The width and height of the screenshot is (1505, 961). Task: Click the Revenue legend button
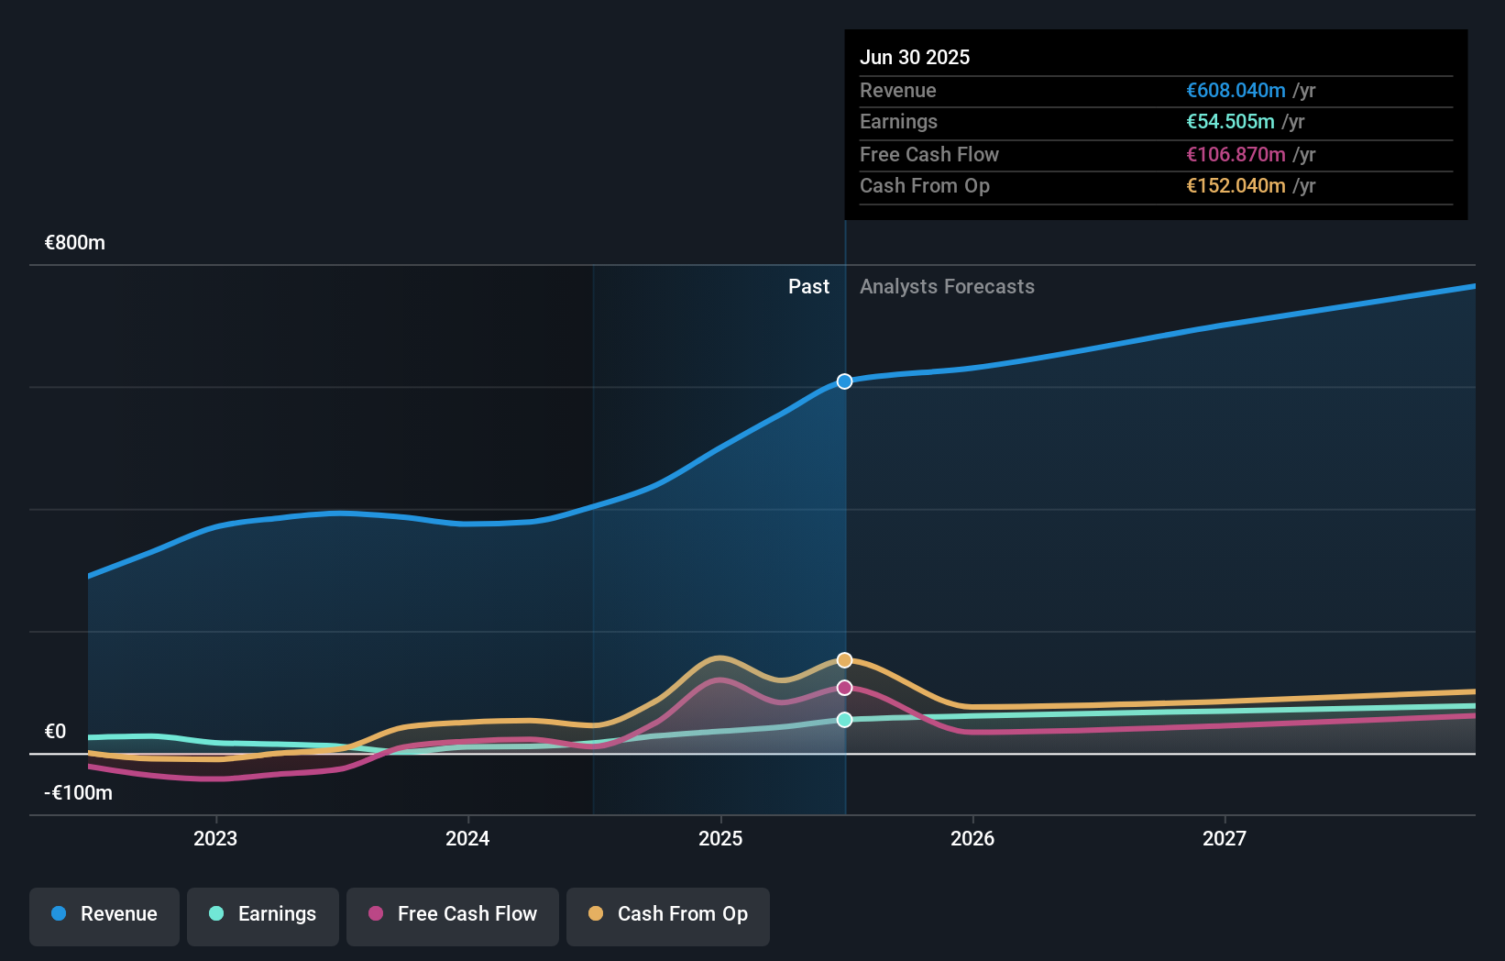104,914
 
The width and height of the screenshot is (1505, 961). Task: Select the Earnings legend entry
263,914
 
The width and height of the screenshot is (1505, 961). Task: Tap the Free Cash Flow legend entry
453,914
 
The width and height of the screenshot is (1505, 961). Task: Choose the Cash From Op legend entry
668,914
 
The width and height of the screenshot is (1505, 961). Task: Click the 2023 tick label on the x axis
215,838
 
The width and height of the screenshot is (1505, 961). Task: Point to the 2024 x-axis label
467,838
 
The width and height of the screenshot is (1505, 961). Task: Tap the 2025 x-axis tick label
720,838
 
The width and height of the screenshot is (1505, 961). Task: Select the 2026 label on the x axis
972,838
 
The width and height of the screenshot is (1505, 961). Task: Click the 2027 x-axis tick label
1225,838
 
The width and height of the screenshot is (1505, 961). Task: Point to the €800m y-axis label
75,243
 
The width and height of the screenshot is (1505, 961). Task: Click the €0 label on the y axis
56,732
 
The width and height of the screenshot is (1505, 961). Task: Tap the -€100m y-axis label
79,793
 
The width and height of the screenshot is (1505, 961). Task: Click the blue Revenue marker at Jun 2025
844,381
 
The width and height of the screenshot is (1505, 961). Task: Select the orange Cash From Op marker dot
844,660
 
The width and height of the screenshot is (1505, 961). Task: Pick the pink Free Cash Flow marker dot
844,688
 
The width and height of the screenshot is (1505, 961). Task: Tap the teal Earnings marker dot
844,720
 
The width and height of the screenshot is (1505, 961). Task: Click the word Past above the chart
808,287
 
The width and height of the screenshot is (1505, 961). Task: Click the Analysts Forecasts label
947,287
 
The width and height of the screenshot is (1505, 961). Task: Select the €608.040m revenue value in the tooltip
1236,91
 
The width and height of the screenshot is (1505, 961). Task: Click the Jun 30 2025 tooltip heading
915,57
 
